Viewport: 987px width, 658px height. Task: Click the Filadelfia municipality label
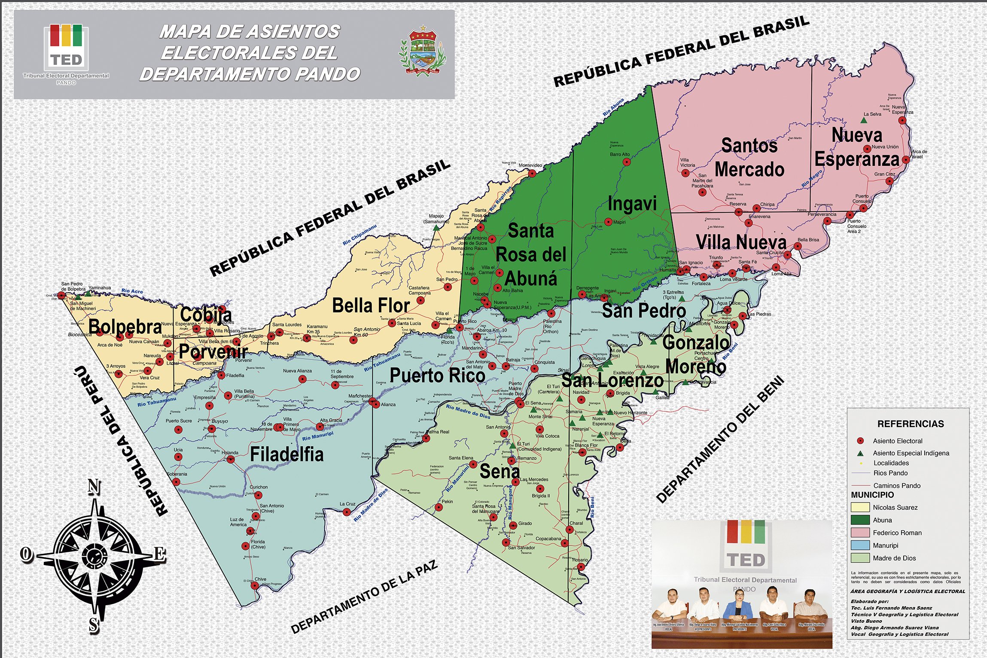[x=286, y=454]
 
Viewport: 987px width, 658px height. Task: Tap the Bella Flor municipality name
[x=371, y=306]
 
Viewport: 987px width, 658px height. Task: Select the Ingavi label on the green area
[x=632, y=203]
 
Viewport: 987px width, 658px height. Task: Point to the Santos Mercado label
[x=749, y=157]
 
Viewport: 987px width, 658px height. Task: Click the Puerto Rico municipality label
[x=437, y=375]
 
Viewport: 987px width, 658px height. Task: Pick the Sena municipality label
[x=500, y=472]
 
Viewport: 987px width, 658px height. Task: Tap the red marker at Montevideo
[x=532, y=174]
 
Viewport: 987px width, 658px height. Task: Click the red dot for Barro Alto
[x=627, y=162]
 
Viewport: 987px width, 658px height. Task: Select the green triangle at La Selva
[x=864, y=120]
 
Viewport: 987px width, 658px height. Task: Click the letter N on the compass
[x=94, y=487]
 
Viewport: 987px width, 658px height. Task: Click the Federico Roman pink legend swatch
[x=860, y=533]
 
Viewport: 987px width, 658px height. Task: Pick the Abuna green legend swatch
[x=860, y=520]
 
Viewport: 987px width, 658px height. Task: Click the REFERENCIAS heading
[x=910, y=424]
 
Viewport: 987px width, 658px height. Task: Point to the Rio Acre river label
[x=132, y=291]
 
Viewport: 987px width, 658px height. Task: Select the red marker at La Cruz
[x=347, y=512]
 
